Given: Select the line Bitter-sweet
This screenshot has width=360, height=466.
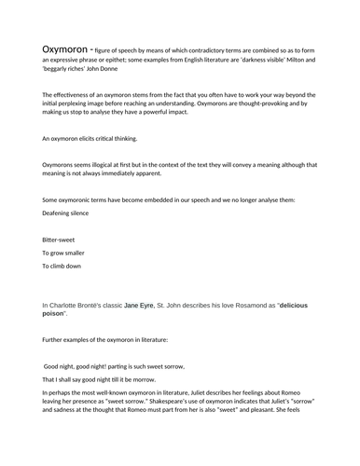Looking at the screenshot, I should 58,240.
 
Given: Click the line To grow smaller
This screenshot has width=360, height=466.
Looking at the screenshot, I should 65,254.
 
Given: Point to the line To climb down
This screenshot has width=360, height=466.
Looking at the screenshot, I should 62,267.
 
